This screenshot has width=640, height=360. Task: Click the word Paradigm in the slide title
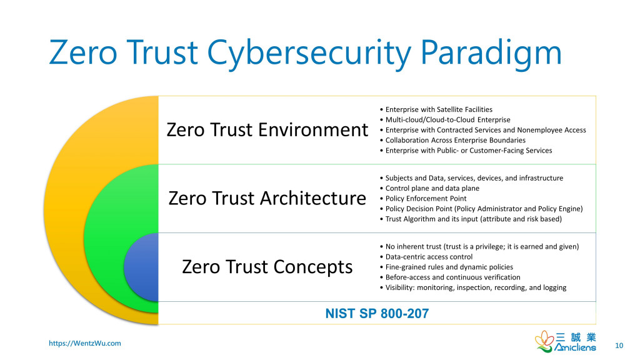(x=491, y=52)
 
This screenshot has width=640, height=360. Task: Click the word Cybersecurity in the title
(x=309, y=54)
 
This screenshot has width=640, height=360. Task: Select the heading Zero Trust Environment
(x=267, y=130)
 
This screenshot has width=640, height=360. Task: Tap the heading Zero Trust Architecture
(x=267, y=198)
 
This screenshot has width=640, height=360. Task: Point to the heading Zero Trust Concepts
(x=267, y=267)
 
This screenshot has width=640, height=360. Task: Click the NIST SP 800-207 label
(x=377, y=314)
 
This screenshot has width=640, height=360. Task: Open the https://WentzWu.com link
(x=85, y=343)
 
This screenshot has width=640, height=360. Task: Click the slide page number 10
(x=619, y=346)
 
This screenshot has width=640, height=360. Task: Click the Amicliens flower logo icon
(x=544, y=341)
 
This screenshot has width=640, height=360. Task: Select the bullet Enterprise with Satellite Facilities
(x=436, y=109)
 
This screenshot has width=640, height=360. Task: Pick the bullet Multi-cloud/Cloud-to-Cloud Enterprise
(x=445, y=119)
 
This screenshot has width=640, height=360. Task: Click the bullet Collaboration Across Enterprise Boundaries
(x=452, y=140)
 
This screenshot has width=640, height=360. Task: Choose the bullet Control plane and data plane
(x=429, y=188)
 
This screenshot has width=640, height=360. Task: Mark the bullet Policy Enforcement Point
(x=423, y=198)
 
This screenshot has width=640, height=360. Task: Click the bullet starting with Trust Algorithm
(x=471, y=219)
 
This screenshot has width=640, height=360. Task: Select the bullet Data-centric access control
(x=426, y=257)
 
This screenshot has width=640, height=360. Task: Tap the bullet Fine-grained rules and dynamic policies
(x=446, y=267)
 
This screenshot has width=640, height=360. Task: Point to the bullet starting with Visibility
(x=473, y=287)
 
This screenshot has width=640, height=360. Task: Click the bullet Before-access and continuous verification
(x=450, y=277)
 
